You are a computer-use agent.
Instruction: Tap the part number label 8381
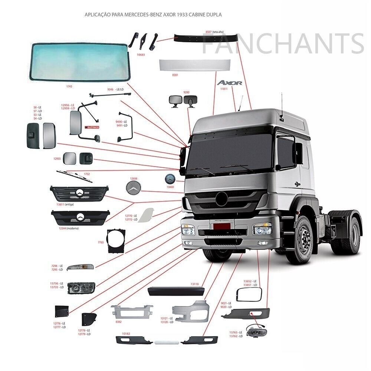coord(175,75)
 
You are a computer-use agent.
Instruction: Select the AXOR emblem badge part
coord(230,83)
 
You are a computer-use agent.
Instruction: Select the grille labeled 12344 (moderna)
coord(81,217)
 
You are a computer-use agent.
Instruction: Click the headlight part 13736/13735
coord(81,288)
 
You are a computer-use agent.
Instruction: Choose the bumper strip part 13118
coord(175,290)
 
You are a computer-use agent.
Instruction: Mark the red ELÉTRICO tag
coord(92,127)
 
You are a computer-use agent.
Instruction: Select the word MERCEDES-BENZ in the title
coord(141,15)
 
